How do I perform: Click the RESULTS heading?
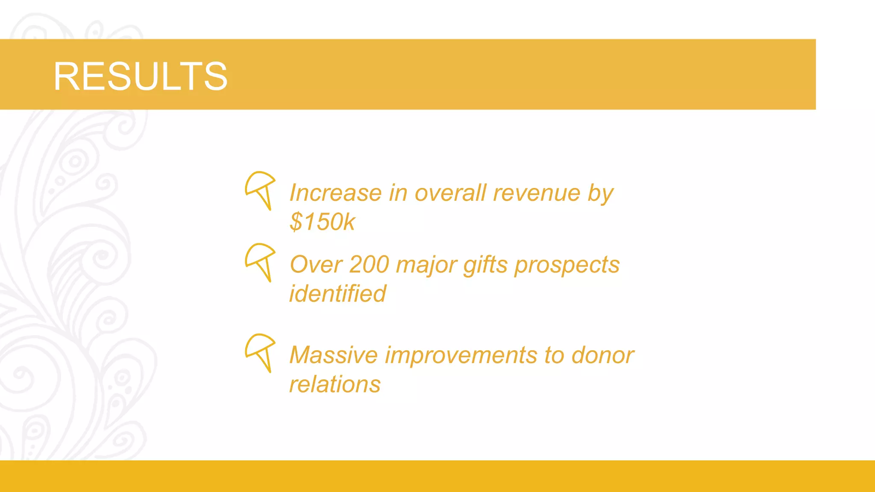[x=140, y=76]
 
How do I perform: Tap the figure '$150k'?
[x=322, y=222]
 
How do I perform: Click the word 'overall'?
[x=450, y=193]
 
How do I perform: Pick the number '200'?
[x=369, y=265]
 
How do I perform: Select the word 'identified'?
[x=338, y=294]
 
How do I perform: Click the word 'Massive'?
[x=334, y=355]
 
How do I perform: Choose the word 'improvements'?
[x=461, y=355]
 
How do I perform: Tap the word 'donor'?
[x=602, y=355]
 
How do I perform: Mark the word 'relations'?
[x=335, y=384]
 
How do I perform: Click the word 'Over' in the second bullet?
[x=316, y=265]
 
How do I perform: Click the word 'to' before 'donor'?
[x=554, y=355]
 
